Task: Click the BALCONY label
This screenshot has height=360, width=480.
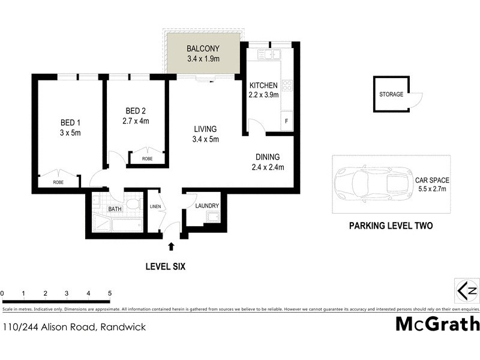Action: point(203,49)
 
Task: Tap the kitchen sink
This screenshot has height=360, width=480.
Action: point(269,56)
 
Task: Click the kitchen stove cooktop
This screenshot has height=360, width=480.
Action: point(287,85)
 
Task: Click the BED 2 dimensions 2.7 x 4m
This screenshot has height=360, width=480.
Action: point(136,121)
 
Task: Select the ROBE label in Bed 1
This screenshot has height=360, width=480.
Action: point(58,182)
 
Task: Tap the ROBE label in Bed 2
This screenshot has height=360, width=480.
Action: point(146,159)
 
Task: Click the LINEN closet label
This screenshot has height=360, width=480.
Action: point(154,207)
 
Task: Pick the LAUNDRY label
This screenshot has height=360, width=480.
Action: point(207,206)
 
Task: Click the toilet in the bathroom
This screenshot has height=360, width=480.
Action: point(133,203)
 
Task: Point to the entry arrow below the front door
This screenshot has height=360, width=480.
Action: point(172,246)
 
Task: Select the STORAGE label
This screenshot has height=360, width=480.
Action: point(391,94)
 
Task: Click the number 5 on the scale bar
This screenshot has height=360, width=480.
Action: point(110,293)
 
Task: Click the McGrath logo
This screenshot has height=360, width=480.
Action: point(437,324)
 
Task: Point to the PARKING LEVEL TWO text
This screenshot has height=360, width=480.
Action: point(391,226)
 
